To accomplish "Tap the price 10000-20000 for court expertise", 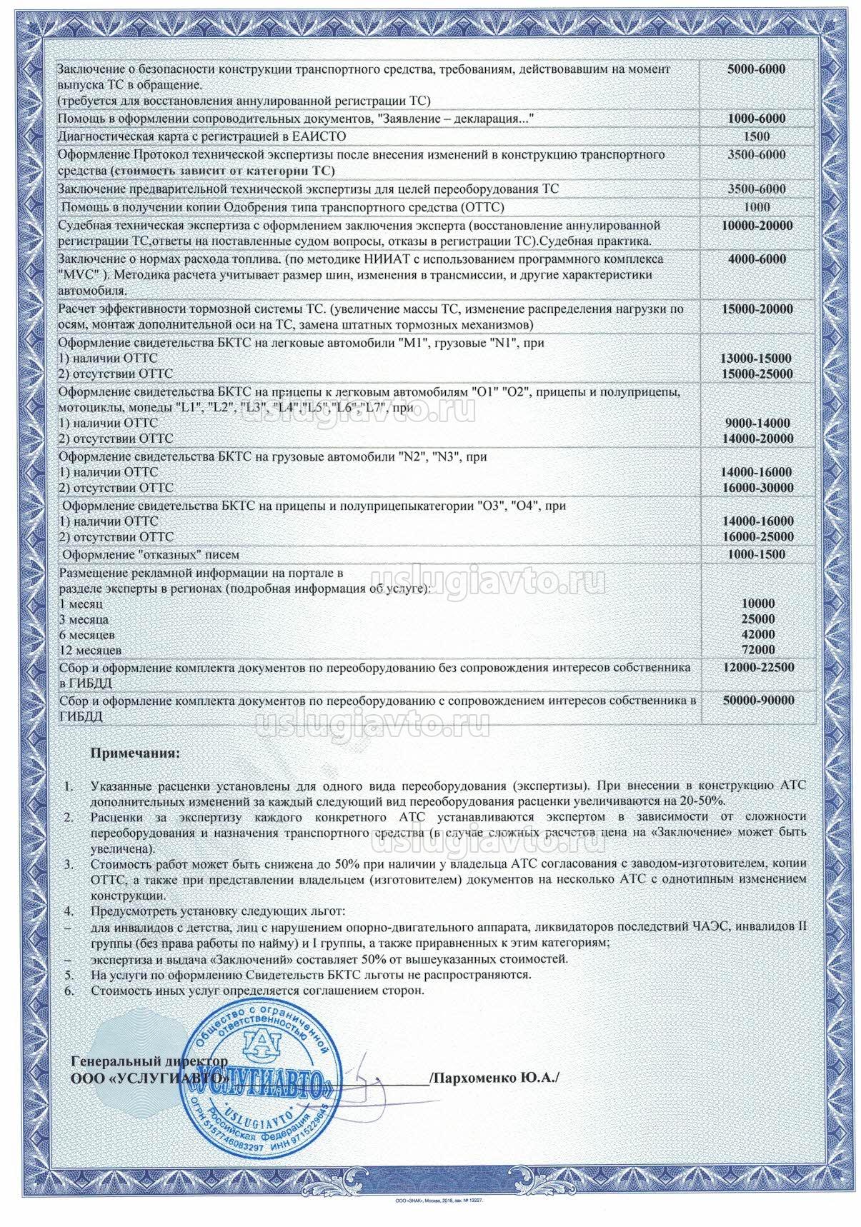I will [x=757, y=226].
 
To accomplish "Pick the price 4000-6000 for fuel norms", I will [x=757, y=259].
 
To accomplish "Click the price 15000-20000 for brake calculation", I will [x=757, y=309].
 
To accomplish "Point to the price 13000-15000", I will [x=757, y=358].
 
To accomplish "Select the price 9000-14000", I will [x=757, y=423].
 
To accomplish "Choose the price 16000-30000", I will [x=757, y=488].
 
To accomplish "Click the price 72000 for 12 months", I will [x=758, y=650].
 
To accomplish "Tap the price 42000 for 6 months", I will [x=758, y=634].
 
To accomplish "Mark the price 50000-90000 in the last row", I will [x=758, y=701].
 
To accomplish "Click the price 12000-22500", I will [x=758, y=667].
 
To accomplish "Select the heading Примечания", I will [x=136, y=753].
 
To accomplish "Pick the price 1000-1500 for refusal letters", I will [x=757, y=554].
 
